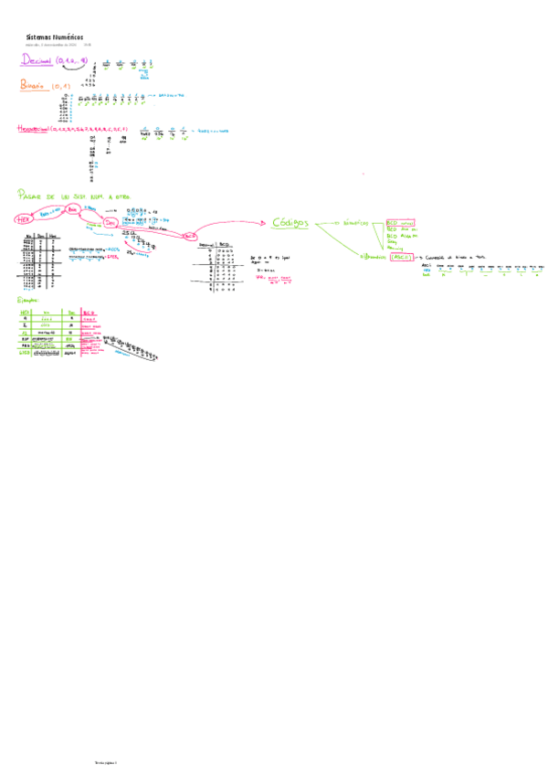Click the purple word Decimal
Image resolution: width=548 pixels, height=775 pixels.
[37, 61]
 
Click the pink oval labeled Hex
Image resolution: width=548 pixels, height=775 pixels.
[23, 218]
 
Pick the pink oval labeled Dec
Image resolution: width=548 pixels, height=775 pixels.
[111, 222]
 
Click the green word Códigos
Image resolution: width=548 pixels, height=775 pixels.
[291, 223]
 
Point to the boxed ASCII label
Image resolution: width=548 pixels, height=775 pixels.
[402, 258]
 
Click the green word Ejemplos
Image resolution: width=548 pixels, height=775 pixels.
[30, 300]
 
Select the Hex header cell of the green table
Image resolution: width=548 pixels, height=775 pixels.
[25, 312]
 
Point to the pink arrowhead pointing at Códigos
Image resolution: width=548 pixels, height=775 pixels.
[266, 221]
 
